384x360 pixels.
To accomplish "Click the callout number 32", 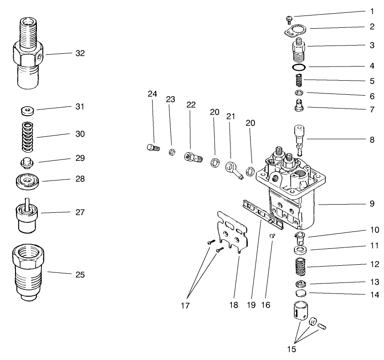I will [x=80, y=53].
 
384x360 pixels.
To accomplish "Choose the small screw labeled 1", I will [x=289, y=19].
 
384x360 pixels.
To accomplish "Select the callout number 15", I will [x=292, y=349].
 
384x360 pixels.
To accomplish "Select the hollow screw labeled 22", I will [x=193, y=157].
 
